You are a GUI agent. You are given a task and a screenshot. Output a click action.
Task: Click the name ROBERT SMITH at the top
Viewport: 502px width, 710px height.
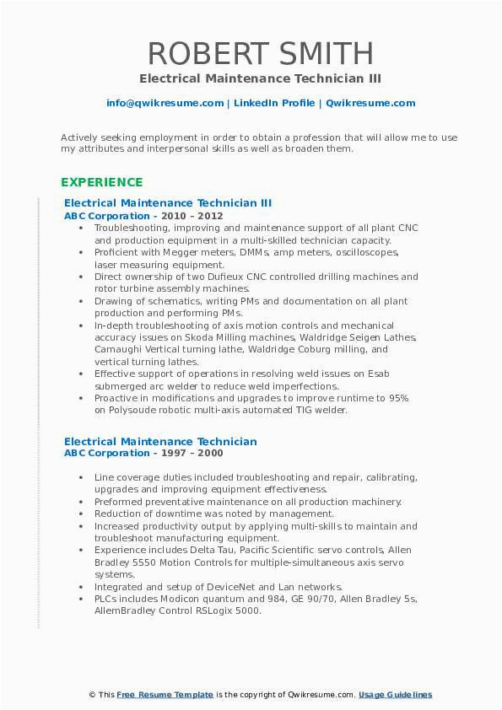coord(260,53)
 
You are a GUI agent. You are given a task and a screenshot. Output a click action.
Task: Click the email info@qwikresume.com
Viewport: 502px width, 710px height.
coord(165,103)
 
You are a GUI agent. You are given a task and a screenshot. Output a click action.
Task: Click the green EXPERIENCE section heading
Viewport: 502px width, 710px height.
coord(102,182)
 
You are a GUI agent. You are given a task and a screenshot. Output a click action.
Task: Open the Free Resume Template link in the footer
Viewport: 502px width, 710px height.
coord(165,694)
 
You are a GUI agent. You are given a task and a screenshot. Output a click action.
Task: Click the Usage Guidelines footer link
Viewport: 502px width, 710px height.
coord(395,694)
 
